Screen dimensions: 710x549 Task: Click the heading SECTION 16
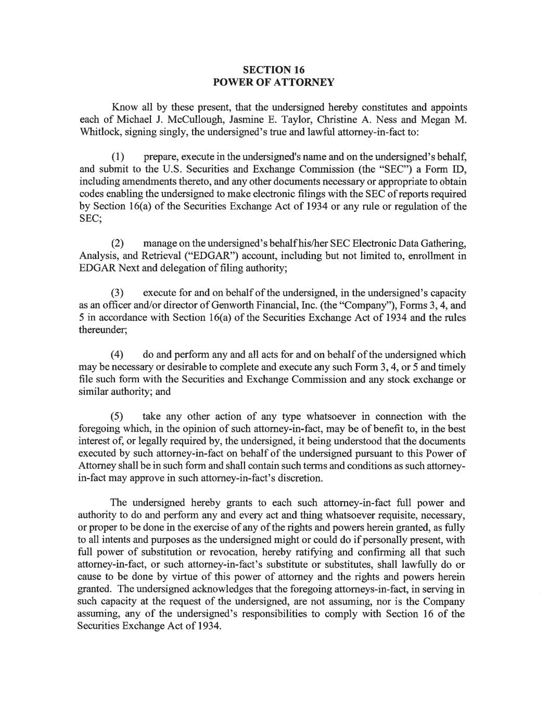[274, 70]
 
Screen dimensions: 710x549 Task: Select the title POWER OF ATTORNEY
[274, 82]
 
